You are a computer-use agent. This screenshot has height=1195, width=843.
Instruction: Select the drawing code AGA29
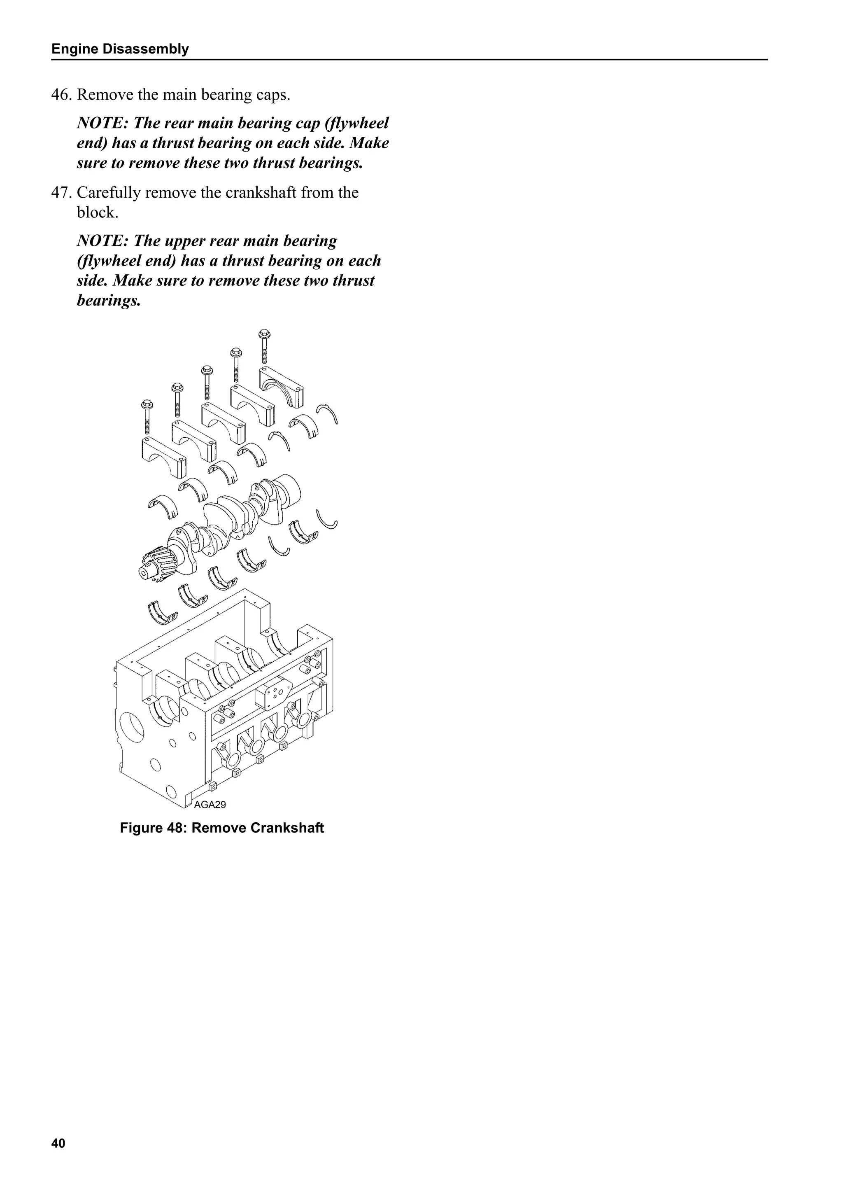210,805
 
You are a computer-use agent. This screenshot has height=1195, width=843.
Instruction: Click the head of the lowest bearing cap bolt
147,404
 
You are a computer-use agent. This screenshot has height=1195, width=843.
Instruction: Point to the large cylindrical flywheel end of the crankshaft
289,489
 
